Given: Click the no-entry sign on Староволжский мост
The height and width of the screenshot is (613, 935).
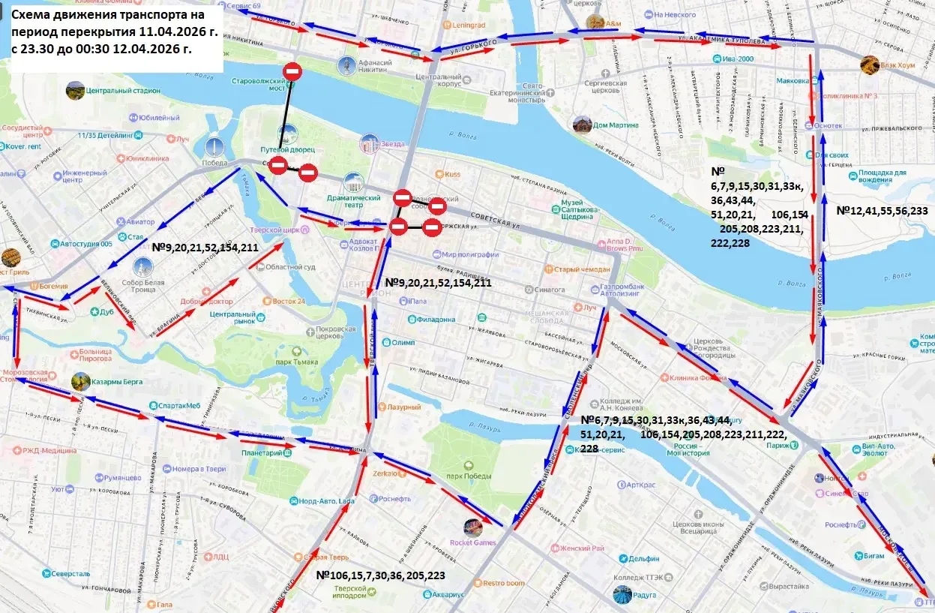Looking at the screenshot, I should pos(293,72).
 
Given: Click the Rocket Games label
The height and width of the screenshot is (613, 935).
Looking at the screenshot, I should pos(472,542).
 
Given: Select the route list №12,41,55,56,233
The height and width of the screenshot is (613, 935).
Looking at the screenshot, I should pos(882,212).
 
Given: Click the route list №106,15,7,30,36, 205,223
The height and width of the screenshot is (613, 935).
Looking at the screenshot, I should pos(381,575).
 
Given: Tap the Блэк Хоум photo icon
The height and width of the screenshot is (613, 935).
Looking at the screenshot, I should pos(870,65).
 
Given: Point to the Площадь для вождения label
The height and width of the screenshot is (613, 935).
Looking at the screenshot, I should pos(882,176).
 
